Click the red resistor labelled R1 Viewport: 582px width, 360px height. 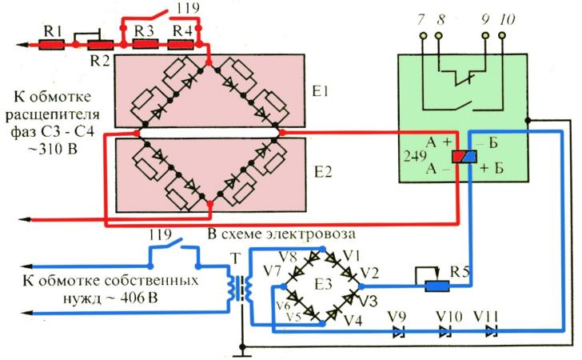click(53, 44)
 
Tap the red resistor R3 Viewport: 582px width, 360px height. click(144, 44)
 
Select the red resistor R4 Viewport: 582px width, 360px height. click(184, 44)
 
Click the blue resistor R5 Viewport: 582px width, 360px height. click(436, 284)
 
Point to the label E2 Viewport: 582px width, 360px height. click(321, 171)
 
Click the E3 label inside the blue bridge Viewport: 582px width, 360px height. click(323, 283)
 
